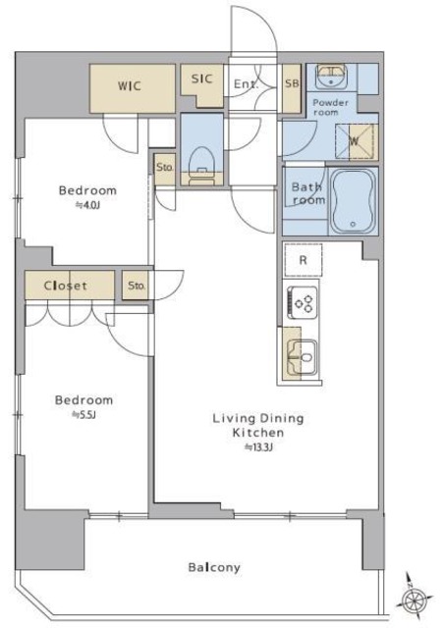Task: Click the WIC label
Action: pyautogui.click(x=130, y=85)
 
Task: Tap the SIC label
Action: pyautogui.click(x=201, y=78)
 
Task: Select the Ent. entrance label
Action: pyautogui.click(x=246, y=84)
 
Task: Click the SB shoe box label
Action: pyautogui.click(x=292, y=83)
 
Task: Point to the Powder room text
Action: pyautogui.click(x=330, y=107)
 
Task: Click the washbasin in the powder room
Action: pyautogui.click(x=331, y=76)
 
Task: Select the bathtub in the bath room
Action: pyautogui.click(x=353, y=200)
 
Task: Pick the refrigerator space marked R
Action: pyautogui.click(x=303, y=260)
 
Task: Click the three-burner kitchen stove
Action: pyautogui.click(x=303, y=302)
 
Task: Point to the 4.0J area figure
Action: pyautogui.click(x=87, y=205)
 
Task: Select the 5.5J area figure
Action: pyautogui.click(x=83, y=415)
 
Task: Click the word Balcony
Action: pyautogui.click(x=214, y=567)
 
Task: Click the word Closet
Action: pyautogui.click(x=65, y=286)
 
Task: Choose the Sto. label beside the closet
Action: pyautogui.click(x=136, y=286)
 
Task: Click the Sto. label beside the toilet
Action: pyautogui.click(x=164, y=167)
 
